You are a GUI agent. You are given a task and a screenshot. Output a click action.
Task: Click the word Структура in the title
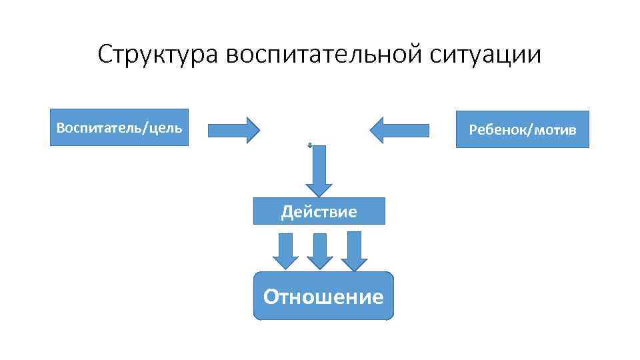coord(157,55)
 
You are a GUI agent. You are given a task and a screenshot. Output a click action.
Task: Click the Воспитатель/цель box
coord(119,127)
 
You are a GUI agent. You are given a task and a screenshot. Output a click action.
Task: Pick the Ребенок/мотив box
coord(523,129)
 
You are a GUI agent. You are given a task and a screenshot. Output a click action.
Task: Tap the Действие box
coord(319,211)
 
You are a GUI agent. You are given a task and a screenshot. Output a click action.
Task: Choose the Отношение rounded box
coord(323,296)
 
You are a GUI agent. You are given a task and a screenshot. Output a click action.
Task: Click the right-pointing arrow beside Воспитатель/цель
coord(233,130)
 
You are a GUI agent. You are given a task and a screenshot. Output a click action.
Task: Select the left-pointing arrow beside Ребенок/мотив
coord(399,130)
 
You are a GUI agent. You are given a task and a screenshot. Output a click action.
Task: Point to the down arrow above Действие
coord(319,169)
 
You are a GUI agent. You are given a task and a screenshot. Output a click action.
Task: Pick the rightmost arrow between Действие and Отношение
coord(354,250)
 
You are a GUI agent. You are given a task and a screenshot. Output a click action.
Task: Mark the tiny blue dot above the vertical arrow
coord(310,144)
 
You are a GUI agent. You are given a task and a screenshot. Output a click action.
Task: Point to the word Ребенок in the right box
coord(497,129)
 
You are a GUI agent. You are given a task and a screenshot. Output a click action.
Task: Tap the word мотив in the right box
coord(554,129)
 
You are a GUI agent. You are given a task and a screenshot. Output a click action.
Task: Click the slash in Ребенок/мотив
coord(527,129)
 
